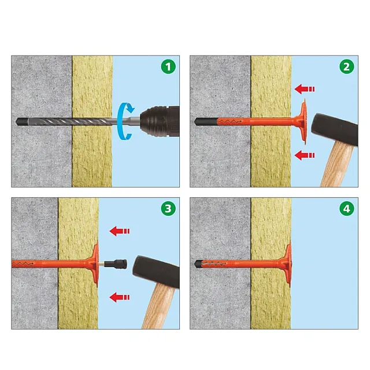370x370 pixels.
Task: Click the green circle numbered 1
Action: pos(168,67)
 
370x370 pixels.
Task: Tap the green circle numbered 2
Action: pos(347,67)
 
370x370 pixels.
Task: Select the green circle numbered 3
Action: pos(168,209)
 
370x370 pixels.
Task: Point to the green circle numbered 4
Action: pos(347,209)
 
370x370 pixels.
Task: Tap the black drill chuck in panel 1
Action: pos(160,121)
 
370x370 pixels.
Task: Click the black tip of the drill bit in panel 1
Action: pos(21,121)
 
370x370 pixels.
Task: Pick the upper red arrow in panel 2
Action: pos(305,89)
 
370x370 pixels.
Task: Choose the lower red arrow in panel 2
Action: pos(305,156)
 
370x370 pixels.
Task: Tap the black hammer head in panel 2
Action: pos(335,129)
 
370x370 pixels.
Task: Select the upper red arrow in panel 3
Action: pos(120,231)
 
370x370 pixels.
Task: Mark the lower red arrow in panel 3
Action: pos(120,297)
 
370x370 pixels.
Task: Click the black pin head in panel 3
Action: pos(116,264)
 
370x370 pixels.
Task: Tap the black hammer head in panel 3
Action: pos(156,272)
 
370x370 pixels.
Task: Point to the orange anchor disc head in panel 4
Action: pos(287,264)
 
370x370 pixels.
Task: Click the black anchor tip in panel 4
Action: pos(199,264)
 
